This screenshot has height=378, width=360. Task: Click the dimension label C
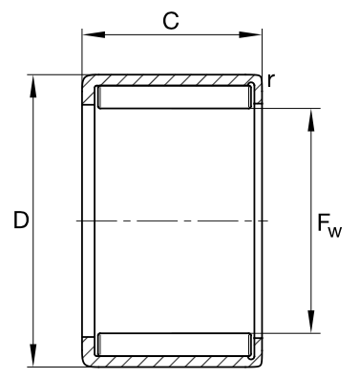point(171,21)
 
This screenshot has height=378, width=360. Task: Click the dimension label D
point(21,220)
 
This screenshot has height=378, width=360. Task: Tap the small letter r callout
point(270,80)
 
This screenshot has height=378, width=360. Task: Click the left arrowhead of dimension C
point(94,34)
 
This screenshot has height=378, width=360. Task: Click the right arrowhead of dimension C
point(250,34)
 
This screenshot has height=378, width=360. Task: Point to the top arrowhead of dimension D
point(33,87)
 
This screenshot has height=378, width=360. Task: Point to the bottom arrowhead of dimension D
point(33,355)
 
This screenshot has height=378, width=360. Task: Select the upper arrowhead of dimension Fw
point(311,120)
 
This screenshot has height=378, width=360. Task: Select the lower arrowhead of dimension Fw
point(311,322)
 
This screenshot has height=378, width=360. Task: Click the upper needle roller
point(174,97)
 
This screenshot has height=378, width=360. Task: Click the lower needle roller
point(174,345)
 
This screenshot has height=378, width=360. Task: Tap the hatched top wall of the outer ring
point(172,80)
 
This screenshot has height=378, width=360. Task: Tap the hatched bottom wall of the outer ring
point(172,362)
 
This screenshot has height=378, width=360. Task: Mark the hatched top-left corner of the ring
point(89,90)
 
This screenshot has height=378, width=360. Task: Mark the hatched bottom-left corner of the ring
point(89,351)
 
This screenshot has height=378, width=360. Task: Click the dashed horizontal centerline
point(172,220)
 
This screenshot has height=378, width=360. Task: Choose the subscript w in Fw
point(335,232)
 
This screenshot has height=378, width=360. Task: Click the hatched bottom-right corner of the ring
point(257,351)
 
